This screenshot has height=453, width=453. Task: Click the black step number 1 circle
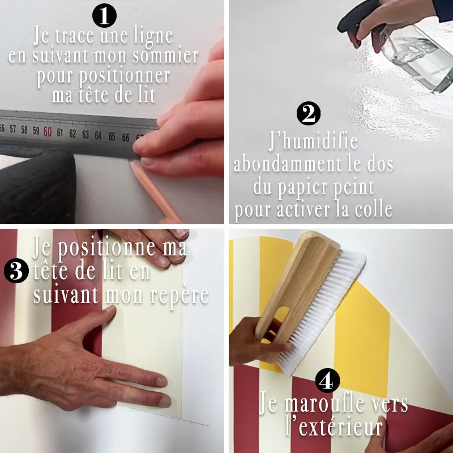click(x=104, y=16)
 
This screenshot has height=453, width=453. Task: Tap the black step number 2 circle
click(x=309, y=113)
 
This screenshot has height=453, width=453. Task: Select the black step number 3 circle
click(x=16, y=271)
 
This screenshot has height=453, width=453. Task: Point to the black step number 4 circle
click(x=327, y=381)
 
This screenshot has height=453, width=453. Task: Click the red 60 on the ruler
click(x=48, y=132)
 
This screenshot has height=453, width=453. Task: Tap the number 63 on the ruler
click(x=86, y=134)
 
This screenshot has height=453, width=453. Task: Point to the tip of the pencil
click(x=131, y=163)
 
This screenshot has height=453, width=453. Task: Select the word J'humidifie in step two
click(x=314, y=141)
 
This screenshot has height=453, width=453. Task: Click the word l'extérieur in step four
click(x=335, y=426)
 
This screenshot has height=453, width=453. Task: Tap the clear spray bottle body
click(x=418, y=59)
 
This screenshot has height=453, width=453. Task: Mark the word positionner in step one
click(x=103, y=76)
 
